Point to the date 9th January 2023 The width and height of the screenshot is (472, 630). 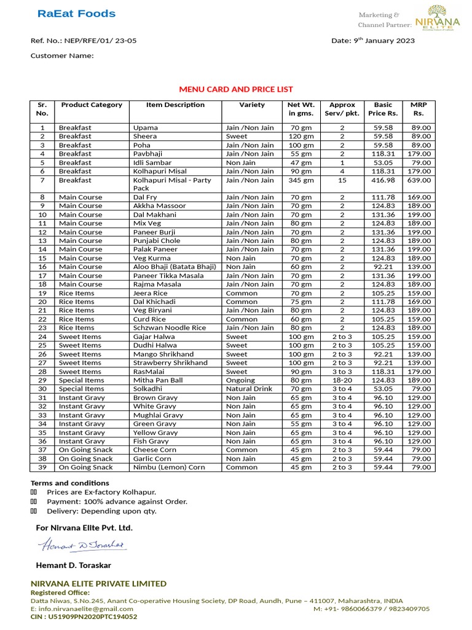pyautogui.click(x=373, y=41)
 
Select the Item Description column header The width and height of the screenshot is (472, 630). pyautogui.click(x=175, y=105)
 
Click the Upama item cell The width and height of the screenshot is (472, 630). pyautogui.click(x=145, y=127)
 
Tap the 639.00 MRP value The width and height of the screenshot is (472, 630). pyautogui.click(x=421, y=180)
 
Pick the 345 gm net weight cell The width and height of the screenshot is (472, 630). pyautogui.click(x=301, y=180)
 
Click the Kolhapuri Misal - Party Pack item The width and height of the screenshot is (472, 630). pyautogui.click(x=163, y=184)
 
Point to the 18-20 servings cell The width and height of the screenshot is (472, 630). pyautogui.click(x=342, y=380)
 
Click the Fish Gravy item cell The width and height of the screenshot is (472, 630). pyautogui.click(x=150, y=441)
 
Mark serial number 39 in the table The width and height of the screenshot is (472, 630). pyautogui.click(x=42, y=467)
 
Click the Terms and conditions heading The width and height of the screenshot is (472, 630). pyautogui.click(x=70, y=483)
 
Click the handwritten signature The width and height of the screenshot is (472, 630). pyautogui.click(x=81, y=545)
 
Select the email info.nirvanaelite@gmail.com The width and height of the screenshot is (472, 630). pyautogui.click(x=77, y=608)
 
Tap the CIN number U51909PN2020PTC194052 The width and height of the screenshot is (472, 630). pyautogui.click(x=84, y=616)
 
